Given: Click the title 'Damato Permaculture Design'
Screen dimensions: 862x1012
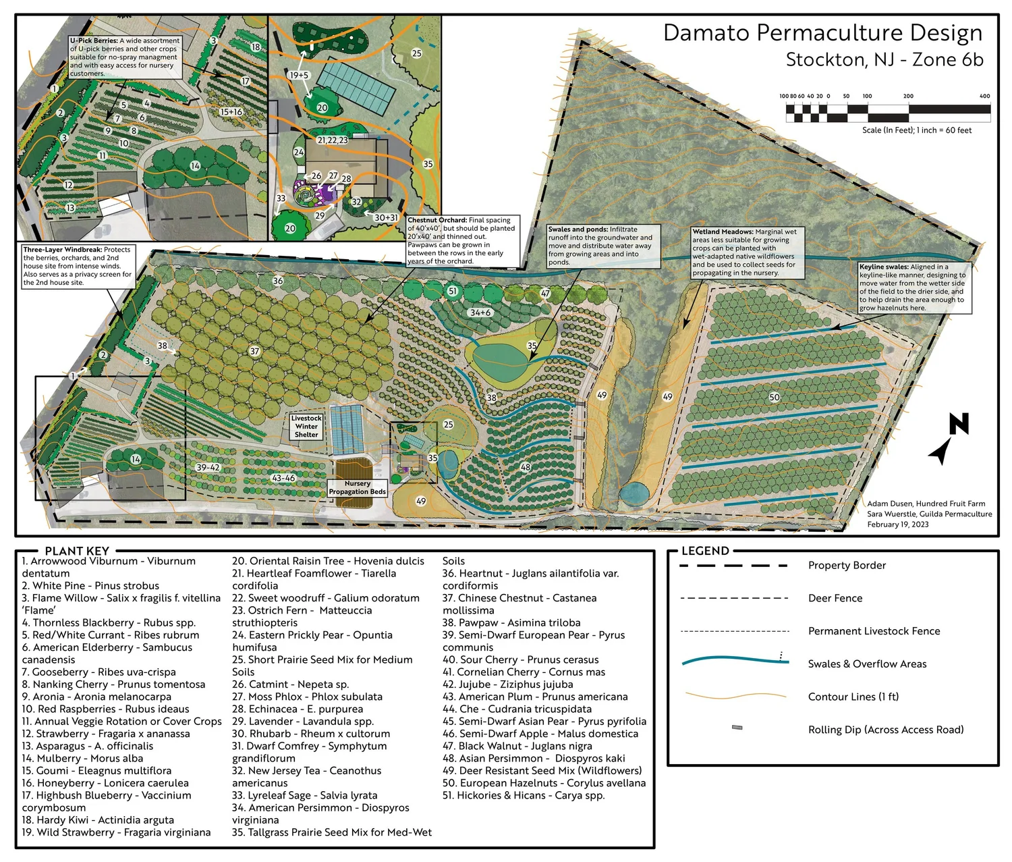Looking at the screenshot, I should point(822,33).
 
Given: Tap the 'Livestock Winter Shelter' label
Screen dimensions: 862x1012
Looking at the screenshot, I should point(306,427).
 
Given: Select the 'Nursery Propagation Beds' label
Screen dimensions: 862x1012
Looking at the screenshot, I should point(358,488).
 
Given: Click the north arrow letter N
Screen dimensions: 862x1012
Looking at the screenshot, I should point(959,424).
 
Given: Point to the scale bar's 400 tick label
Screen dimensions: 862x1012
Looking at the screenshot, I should point(984,96).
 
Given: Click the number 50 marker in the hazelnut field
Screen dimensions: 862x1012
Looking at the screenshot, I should point(775,398).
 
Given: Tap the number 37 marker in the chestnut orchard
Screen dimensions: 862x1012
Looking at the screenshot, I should point(254,351).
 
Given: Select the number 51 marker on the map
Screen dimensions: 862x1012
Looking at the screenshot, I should point(453,291).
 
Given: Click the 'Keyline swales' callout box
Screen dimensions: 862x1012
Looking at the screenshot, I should point(914,288).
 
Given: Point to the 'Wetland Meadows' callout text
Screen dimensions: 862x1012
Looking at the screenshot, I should point(744,252).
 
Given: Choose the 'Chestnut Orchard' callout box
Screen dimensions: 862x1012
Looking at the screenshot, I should point(463,240).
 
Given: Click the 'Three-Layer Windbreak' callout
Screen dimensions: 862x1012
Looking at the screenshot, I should point(78,266).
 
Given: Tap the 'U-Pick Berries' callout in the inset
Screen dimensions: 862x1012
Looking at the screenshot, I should point(125,57).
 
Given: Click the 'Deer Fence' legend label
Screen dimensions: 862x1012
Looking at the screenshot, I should point(835,598).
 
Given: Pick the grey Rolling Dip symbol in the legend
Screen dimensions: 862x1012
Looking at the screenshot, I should point(737,728).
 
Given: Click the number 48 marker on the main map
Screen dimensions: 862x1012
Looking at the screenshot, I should point(526,466).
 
